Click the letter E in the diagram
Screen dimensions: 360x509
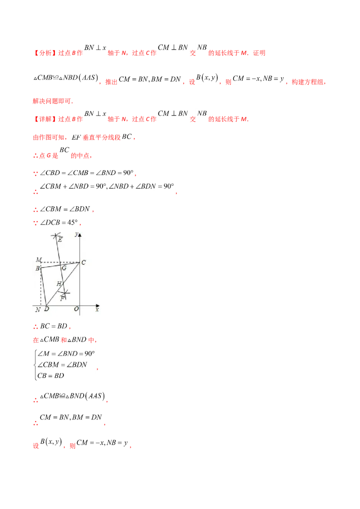tap(60, 240)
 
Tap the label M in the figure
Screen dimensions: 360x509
tap(38, 260)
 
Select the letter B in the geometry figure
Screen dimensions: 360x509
tap(38, 268)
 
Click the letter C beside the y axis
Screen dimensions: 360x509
tap(84, 263)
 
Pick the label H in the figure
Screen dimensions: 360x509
tap(58, 284)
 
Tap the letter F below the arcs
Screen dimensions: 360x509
tap(62, 299)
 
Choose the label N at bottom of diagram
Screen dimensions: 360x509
tap(38, 310)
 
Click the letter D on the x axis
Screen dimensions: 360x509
tap(46, 310)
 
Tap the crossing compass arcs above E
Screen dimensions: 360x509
tap(56, 235)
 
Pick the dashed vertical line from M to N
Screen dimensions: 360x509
tap(41, 288)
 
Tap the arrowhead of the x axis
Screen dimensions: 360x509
tap(98, 305)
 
